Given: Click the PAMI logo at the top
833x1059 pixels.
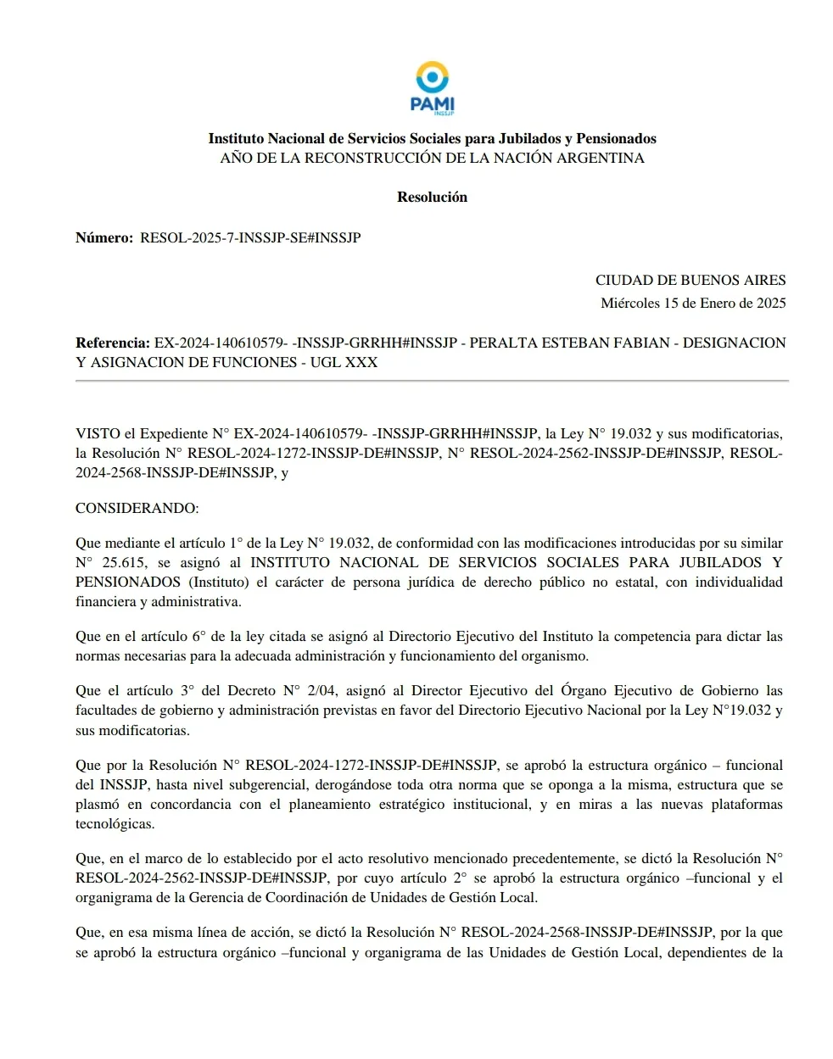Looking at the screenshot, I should click(x=432, y=88).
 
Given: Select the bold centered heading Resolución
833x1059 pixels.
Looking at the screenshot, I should click(x=432, y=197).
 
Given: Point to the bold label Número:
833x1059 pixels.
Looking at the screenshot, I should click(x=104, y=238).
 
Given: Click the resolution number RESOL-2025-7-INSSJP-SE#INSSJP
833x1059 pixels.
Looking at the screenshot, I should click(x=250, y=238).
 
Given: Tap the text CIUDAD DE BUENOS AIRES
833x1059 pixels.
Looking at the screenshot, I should click(x=690, y=280).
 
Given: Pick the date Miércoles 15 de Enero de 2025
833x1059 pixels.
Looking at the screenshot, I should click(x=693, y=303).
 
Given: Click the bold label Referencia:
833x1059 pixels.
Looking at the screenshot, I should click(x=113, y=343).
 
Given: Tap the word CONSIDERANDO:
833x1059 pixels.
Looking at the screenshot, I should click(x=137, y=508).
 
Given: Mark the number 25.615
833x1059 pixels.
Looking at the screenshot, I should click(x=124, y=562).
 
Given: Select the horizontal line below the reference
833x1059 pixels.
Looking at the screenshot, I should click(x=432, y=381).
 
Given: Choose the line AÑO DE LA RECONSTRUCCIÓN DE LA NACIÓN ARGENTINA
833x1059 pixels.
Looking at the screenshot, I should click(x=432, y=158).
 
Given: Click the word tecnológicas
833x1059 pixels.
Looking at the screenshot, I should click(x=115, y=823).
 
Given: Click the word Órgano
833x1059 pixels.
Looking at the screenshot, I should click(x=583, y=690).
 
